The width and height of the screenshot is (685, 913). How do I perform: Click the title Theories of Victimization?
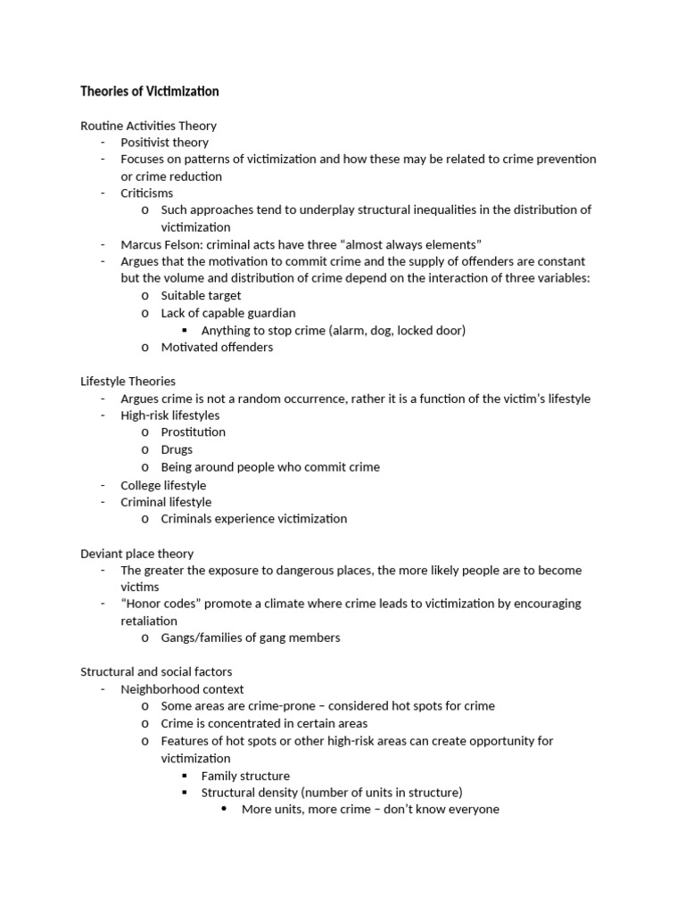(x=149, y=92)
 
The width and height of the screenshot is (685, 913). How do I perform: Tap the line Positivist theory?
(x=164, y=143)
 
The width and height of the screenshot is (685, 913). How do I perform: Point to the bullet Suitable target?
(x=201, y=295)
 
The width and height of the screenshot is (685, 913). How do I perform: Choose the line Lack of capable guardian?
(x=227, y=313)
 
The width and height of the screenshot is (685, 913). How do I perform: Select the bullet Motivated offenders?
(x=217, y=347)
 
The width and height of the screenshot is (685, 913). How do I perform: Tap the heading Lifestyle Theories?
(x=128, y=382)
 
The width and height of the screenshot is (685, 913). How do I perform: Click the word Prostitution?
(x=193, y=432)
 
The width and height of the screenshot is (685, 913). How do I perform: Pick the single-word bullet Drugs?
(x=177, y=449)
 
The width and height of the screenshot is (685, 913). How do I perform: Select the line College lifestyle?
(x=163, y=485)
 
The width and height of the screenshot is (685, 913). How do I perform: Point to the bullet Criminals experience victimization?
(x=253, y=519)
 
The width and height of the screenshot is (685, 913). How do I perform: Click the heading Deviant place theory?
(x=136, y=554)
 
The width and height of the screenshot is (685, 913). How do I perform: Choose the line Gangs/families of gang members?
(x=250, y=637)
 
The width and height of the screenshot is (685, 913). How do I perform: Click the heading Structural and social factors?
(x=156, y=671)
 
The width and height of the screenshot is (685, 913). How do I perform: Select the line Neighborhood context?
(x=182, y=689)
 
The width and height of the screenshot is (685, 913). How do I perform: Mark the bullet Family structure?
(x=245, y=776)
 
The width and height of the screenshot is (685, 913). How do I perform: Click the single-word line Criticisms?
(x=147, y=193)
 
